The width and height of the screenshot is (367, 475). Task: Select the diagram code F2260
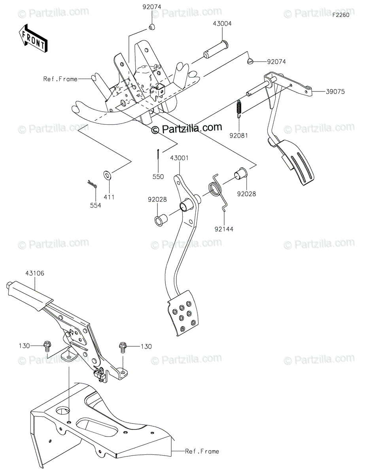point(341,15)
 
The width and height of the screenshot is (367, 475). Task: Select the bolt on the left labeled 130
point(46,346)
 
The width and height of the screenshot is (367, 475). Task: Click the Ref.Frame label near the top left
point(61,79)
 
